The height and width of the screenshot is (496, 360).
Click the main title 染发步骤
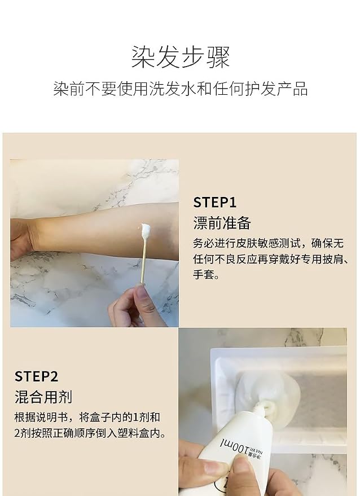[x=181, y=57]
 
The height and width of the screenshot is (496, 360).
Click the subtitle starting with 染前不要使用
[x=181, y=89]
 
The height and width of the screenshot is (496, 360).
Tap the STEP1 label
[x=215, y=203]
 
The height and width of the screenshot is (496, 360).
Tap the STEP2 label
[x=36, y=376]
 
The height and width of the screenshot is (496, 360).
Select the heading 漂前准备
[x=222, y=223]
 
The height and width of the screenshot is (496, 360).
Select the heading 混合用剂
[x=43, y=397]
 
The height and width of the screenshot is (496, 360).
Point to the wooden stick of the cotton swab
[x=142, y=262]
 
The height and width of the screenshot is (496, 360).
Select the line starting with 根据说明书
[x=87, y=418]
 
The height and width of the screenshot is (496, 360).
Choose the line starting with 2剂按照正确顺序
[x=90, y=433]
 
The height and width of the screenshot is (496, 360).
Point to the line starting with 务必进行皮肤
[x=268, y=243]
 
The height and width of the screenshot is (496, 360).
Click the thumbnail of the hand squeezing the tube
[x=262, y=412]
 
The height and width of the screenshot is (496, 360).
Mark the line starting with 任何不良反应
[x=271, y=259]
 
